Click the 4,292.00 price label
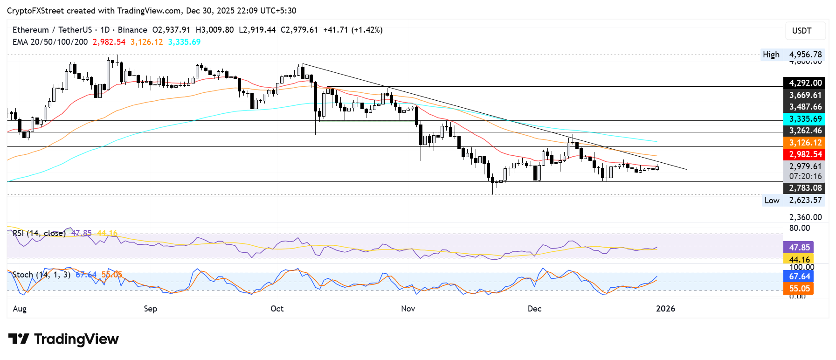[x=805, y=83]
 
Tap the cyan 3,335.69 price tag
[x=805, y=119]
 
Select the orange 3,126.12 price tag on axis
[x=805, y=143]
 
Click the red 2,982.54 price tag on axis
[x=805, y=154]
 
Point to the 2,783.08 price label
[x=805, y=188]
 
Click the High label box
[x=771, y=55]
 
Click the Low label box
[x=772, y=201]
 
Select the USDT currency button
[x=801, y=31]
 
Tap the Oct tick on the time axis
[x=277, y=309]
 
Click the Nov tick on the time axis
[x=408, y=309]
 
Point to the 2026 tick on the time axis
[x=665, y=309]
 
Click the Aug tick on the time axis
[x=20, y=309]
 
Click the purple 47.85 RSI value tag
[x=799, y=247]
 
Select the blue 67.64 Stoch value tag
[x=799, y=277]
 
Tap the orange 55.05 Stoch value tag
[x=799, y=289]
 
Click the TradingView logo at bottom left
[x=63, y=339]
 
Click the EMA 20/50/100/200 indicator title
[x=50, y=42]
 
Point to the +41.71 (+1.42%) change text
[x=353, y=30]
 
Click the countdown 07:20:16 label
[x=805, y=176]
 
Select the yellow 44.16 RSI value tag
[x=799, y=259]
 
